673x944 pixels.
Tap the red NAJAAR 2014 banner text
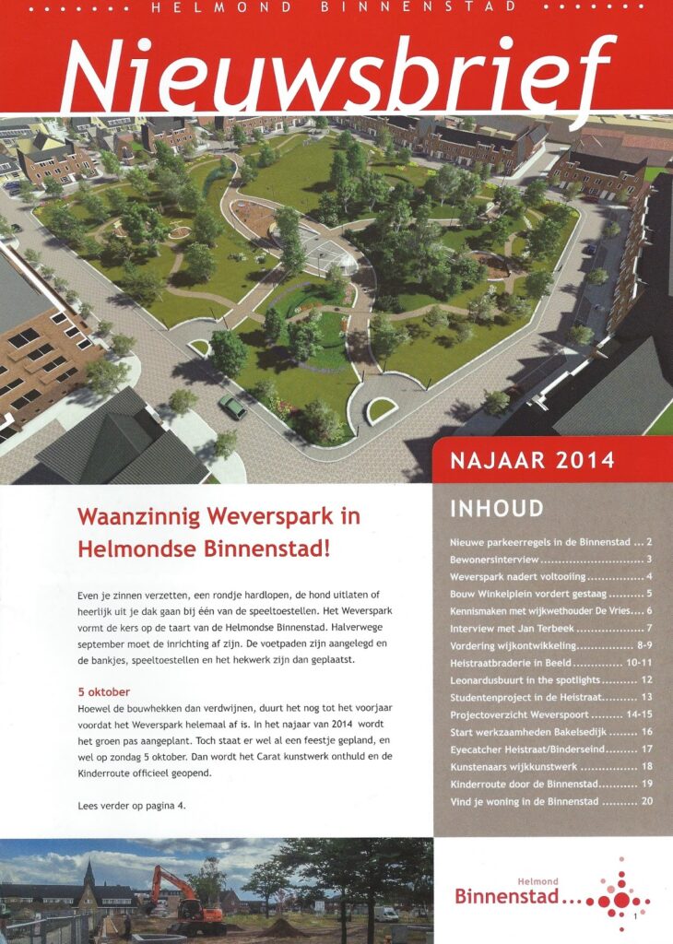pos(532,459)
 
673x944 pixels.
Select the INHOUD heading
pos(497,509)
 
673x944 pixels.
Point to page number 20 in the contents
pos(646,801)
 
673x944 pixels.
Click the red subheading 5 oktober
pos(104,691)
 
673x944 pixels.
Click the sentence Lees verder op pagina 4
pos(132,806)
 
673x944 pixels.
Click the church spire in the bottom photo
pos(89,872)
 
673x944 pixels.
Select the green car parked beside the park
pos(232,407)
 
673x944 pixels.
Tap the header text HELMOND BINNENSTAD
pos(336,8)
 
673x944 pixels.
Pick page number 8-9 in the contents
pos(640,646)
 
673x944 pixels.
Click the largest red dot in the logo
pos(620,900)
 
